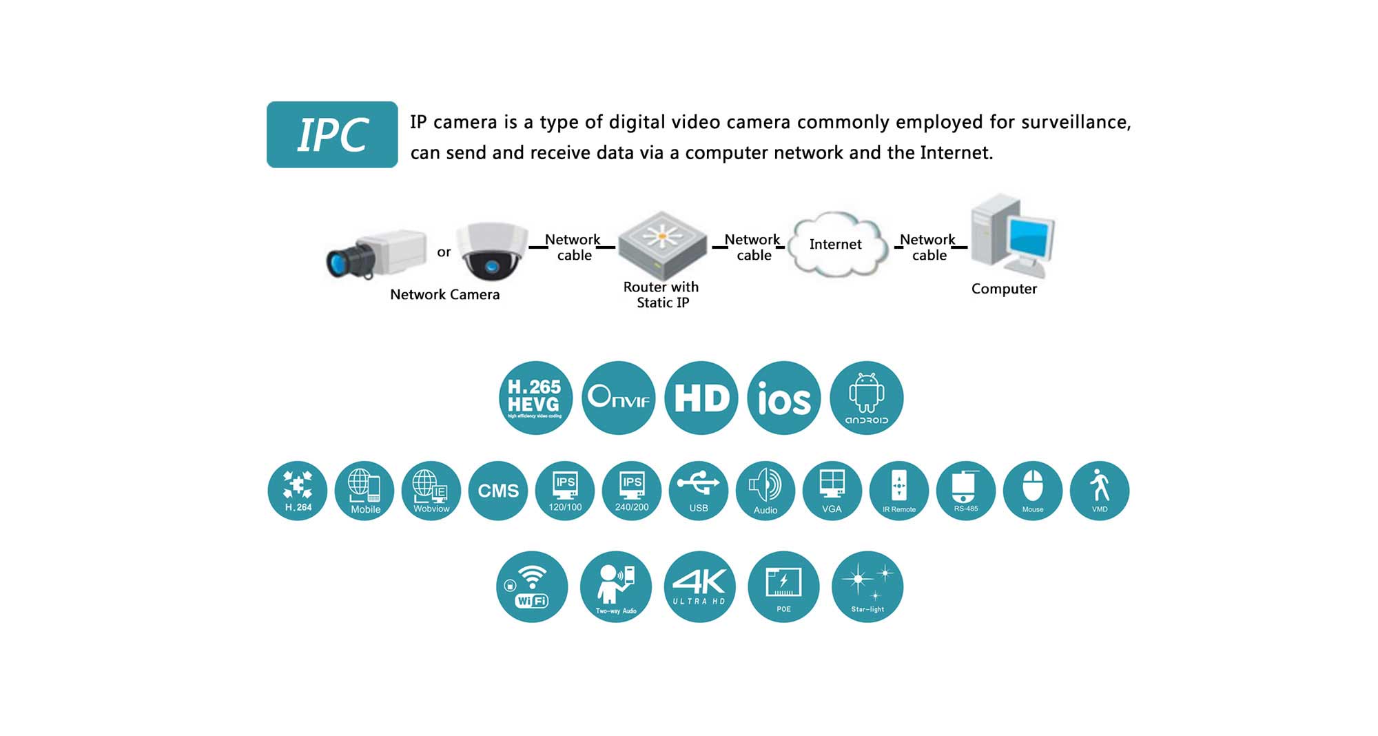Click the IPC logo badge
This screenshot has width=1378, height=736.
[332, 134]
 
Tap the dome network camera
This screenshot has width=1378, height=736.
[491, 251]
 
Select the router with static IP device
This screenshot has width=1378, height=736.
[662, 245]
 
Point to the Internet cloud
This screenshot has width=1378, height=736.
[836, 245]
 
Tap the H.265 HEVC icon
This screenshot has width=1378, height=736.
[535, 398]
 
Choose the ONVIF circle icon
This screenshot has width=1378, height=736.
[618, 398]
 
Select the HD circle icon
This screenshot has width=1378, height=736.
[701, 398]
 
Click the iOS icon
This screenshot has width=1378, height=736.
[783, 398]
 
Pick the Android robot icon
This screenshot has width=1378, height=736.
[866, 398]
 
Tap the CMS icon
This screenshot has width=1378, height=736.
[498, 491]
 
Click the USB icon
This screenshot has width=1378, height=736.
[699, 491]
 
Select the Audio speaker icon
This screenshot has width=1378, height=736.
[765, 491]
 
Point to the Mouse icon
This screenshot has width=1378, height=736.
[1033, 491]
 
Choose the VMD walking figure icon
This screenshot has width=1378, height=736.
[1100, 491]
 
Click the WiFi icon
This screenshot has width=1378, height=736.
[532, 586]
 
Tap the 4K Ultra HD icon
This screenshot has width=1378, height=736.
[699, 586]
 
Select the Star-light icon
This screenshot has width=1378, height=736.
[867, 586]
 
